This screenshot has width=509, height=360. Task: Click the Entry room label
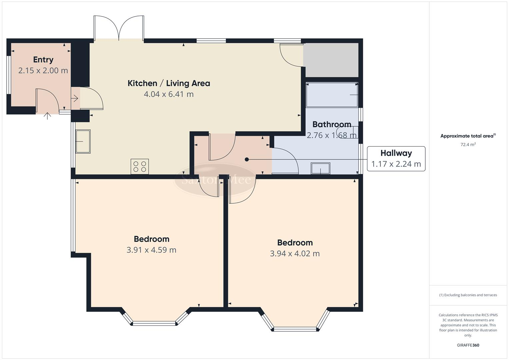coord(43,60)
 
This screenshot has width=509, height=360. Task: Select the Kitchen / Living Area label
coord(169,83)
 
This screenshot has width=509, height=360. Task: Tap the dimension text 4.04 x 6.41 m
coord(169,94)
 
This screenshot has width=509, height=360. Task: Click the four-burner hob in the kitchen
coord(140,166)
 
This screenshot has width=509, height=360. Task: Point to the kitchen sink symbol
coord(83,141)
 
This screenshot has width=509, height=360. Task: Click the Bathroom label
coord(332,124)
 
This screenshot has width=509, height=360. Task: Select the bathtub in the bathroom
coord(332,95)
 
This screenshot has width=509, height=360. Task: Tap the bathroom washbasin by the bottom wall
coord(320,168)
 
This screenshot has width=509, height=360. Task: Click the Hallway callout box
coord(396,159)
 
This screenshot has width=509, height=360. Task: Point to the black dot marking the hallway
coord(247,159)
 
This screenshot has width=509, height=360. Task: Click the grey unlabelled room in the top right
coord(331,60)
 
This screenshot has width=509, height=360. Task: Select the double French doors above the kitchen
coord(119,28)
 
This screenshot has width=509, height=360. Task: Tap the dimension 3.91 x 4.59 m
coord(151,250)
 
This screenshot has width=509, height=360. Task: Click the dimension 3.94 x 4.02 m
coord(295,254)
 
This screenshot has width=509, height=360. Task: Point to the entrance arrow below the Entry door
coord(48,116)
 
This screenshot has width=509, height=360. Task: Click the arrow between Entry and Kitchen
coord(75,98)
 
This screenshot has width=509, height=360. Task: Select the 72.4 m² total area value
coord(468,145)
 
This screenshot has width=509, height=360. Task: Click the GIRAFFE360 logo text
coord(468,345)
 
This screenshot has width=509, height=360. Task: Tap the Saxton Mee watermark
coord(216,180)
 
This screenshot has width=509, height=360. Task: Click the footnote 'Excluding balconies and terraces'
coord(468,295)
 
